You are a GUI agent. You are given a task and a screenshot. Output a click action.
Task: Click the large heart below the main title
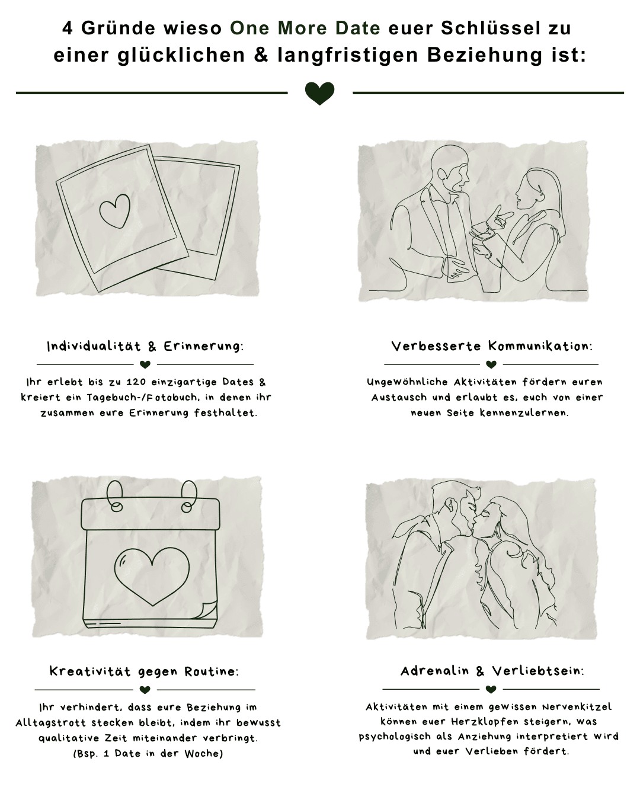click(x=320, y=93)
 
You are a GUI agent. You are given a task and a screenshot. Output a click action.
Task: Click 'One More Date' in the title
click(x=305, y=28)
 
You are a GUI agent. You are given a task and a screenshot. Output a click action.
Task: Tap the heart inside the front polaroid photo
click(x=114, y=211)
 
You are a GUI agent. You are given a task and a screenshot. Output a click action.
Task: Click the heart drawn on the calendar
click(x=152, y=575)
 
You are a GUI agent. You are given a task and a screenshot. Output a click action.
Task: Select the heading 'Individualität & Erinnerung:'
click(x=145, y=346)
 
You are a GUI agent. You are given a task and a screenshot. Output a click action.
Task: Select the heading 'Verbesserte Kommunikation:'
click(x=491, y=346)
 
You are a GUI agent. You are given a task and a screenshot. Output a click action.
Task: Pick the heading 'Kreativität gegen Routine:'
click(x=145, y=671)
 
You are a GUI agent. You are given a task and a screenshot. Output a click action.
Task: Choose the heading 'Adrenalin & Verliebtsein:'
click(x=492, y=671)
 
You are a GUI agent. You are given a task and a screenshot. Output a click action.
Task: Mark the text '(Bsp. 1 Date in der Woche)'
click(x=148, y=754)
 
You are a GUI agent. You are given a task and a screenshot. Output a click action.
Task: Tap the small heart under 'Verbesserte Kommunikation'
click(x=491, y=364)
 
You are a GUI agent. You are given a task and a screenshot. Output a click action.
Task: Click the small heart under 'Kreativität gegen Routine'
click(x=145, y=690)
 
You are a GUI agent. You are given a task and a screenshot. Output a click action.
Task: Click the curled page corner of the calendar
click(x=209, y=610)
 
